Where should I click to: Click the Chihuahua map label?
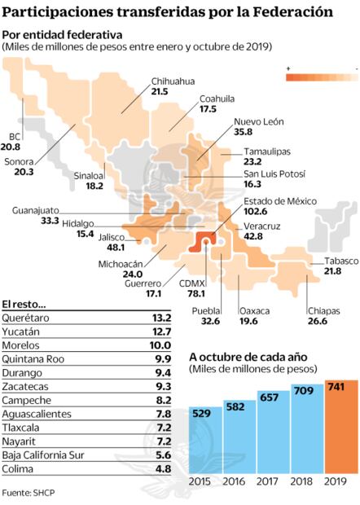coord(169,81)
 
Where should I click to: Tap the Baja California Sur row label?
coord(42,455)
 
